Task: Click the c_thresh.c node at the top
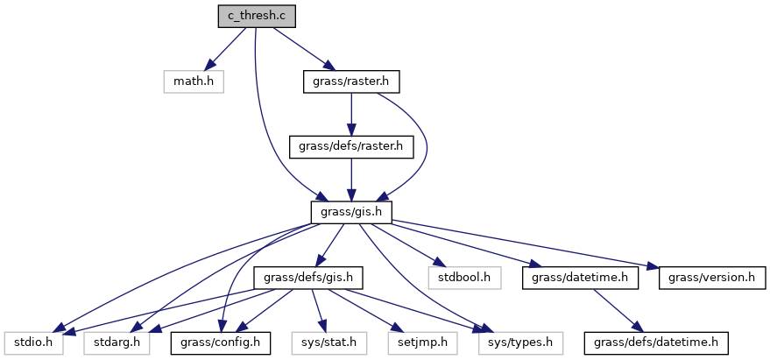258,16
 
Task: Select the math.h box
193,82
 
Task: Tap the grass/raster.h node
350,82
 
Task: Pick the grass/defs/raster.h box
350,146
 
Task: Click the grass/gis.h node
350,211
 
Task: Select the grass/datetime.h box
579,278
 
